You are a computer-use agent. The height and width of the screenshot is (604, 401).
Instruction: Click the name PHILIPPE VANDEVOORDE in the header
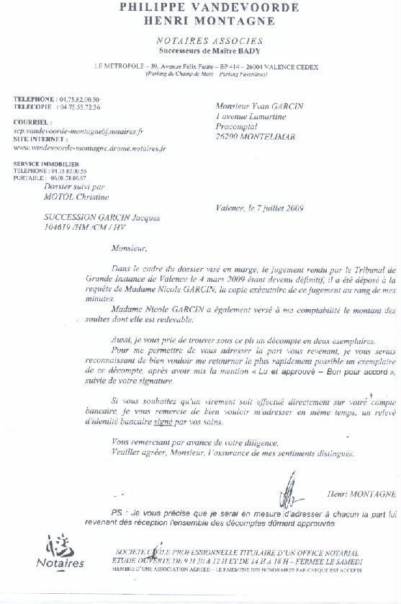pyautogui.click(x=200, y=8)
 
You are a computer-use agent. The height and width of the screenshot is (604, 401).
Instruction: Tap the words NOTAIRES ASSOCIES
pyautogui.click(x=209, y=41)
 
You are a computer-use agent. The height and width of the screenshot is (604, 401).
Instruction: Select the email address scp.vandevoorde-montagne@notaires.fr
pyautogui.click(x=78, y=131)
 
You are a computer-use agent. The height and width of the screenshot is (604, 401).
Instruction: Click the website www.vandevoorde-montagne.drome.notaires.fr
pyautogui.click(x=89, y=147)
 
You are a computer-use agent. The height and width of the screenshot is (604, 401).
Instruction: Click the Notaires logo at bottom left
pyautogui.click(x=61, y=554)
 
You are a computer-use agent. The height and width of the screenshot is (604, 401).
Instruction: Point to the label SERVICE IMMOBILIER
pyautogui.click(x=42, y=164)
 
